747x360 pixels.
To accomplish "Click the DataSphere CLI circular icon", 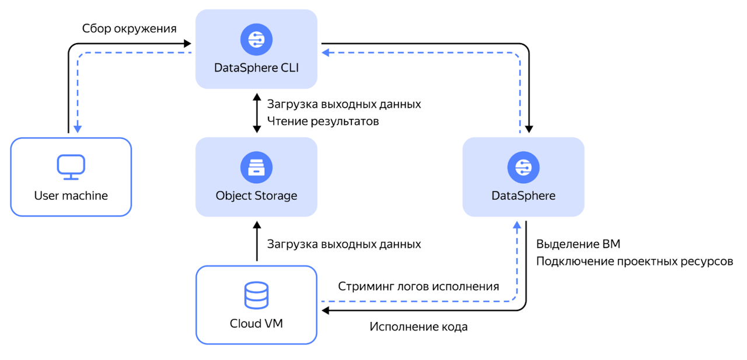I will point(256,40).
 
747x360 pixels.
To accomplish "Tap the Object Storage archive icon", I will point(256,168).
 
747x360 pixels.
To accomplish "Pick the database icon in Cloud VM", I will point(256,295).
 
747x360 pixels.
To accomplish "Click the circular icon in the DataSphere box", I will point(523,168).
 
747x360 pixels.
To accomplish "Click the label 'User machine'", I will point(71,195).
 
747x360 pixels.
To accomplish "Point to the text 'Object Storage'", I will point(256,195).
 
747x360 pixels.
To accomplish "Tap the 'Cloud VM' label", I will point(256,323).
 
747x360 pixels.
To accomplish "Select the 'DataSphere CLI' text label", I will point(256,68).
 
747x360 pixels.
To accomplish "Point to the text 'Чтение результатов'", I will point(323,121).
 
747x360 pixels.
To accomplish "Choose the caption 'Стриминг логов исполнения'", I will point(418,286).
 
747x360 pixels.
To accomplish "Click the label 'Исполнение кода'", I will point(418,327).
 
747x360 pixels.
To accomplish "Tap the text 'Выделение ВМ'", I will point(578,244).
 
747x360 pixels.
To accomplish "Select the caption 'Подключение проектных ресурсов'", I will point(634,261).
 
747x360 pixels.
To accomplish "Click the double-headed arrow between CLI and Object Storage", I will point(256,113).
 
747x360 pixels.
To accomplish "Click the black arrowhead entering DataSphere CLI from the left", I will point(187,43).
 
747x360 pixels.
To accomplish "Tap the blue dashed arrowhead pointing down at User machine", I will point(78,128).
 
